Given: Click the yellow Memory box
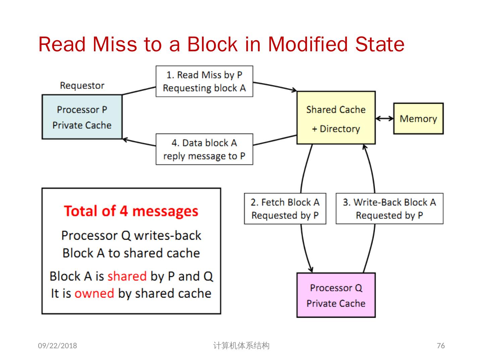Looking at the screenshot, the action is [418, 119].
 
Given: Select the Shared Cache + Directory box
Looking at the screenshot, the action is [336, 118].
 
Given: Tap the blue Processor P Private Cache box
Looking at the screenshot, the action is [82, 117].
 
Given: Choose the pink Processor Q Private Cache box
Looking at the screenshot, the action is [336, 295].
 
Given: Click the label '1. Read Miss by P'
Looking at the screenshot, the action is [204, 75].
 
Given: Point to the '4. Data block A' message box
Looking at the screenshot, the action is [204, 149].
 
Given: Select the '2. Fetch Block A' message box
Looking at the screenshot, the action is [285, 208].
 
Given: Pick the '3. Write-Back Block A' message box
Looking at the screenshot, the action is [389, 208].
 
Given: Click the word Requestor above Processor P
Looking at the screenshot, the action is [82, 85].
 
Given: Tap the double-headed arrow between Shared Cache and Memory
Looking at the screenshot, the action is [384, 118].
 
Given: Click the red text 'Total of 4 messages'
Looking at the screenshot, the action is [131, 211].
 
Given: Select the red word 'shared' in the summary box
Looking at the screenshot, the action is [127, 276].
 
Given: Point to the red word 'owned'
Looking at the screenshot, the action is [94, 293].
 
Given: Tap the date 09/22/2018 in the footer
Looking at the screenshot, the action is [57, 346].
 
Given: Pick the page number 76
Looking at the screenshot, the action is [441, 346].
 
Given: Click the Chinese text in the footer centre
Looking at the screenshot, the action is [241, 346].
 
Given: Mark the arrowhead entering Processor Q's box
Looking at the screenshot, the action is [311, 269].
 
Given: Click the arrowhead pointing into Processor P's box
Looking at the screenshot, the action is [125, 139].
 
